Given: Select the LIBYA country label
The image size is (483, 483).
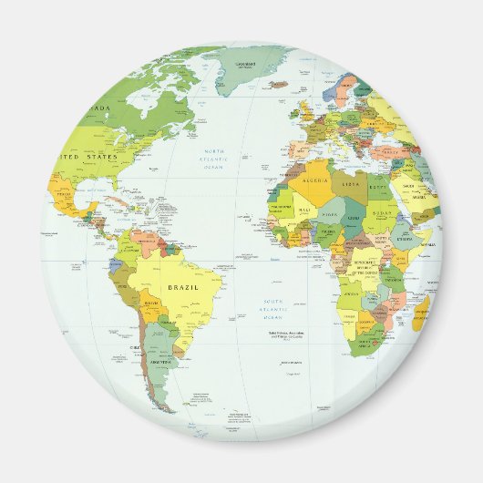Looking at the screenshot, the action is coord(352,185).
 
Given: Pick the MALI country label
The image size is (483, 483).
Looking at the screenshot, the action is coord(303,210).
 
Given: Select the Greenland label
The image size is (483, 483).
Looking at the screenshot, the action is coord(244,64).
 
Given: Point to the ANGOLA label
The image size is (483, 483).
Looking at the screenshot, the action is coord(353,293).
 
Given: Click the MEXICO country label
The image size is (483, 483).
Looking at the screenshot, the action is coord(64,194).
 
